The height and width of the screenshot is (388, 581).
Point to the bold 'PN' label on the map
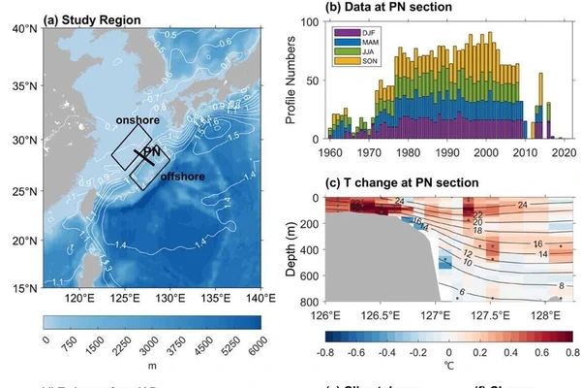150,153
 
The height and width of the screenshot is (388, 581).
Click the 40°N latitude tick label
23,28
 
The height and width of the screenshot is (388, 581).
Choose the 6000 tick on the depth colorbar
260,340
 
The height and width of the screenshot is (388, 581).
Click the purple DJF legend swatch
341,35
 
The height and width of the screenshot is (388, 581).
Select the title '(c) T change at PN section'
392,182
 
